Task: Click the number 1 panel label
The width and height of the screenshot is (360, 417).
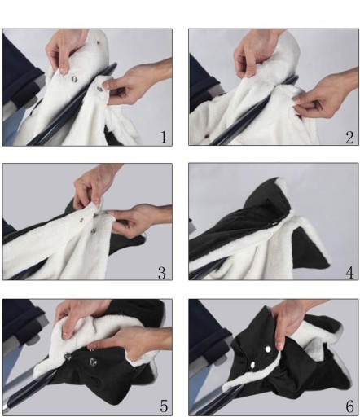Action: [x=163, y=137]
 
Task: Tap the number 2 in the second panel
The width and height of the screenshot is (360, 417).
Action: [x=349, y=137]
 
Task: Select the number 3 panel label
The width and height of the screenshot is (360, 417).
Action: [x=162, y=273]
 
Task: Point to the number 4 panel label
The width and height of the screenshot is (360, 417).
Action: [x=349, y=273]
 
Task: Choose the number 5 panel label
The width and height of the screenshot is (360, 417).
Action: [x=164, y=406]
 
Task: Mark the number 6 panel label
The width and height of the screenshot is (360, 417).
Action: [x=350, y=406]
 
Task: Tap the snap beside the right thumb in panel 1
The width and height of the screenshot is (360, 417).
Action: [x=99, y=90]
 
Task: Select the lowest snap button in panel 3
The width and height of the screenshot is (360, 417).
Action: [x=94, y=231]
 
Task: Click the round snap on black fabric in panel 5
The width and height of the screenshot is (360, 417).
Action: [x=93, y=362]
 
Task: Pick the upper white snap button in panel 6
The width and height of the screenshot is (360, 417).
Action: [x=268, y=349]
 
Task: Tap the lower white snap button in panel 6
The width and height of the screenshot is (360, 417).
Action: [x=252, y=365]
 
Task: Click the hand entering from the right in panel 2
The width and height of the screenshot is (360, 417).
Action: [x=326, y=95]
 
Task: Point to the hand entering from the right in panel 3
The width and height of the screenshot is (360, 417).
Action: [x=141, y=218]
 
